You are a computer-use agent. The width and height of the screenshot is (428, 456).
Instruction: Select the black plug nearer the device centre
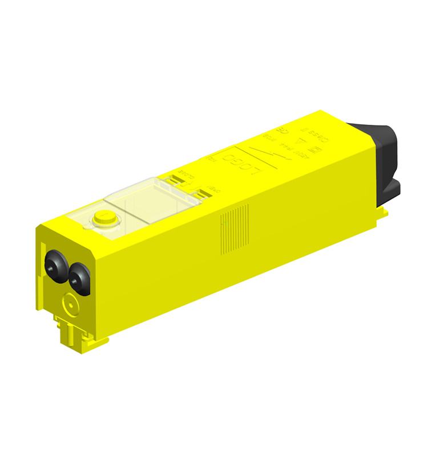pyautogui.click(x=78, y=278)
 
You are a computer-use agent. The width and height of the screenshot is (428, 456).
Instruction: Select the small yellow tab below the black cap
pyautogui.click(x=383, y=212)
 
